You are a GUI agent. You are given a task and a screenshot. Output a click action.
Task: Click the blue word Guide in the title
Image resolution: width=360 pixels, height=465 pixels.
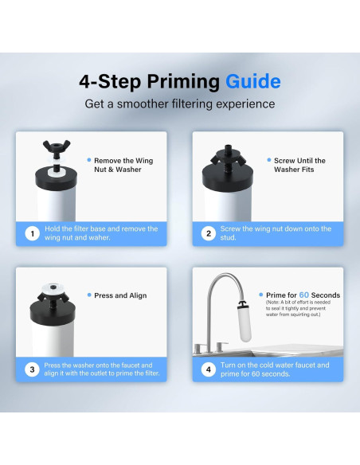(253, 81)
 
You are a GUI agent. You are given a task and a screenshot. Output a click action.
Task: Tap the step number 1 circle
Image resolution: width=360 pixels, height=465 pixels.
(32, 233)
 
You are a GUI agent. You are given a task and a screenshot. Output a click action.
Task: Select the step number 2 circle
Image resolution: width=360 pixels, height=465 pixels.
(209, 233)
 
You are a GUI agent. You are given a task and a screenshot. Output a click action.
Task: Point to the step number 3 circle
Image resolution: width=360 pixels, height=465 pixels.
(32, 369)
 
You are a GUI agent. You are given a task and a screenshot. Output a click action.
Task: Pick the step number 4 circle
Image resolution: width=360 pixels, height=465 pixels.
(209, 369)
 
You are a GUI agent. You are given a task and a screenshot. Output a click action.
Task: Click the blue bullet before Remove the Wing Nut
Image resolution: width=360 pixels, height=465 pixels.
(89, 160)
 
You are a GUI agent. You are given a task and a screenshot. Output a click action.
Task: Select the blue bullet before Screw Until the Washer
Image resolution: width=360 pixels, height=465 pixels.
(269, 160)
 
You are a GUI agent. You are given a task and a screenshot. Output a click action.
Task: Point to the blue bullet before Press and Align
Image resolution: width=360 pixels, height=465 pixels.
(89, 295)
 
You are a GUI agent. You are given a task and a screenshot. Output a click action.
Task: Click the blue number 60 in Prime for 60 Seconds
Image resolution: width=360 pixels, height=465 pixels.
(304, 295)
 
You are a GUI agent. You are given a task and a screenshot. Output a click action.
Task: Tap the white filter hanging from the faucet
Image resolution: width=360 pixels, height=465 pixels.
(245, 324)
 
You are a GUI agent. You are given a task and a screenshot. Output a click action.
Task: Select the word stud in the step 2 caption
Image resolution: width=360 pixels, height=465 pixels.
(228, 238)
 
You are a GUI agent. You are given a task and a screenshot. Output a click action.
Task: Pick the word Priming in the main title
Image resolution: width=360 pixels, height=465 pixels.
(183, 82)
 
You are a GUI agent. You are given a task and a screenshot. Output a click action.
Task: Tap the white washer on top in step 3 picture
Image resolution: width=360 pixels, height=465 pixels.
(53, 287)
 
